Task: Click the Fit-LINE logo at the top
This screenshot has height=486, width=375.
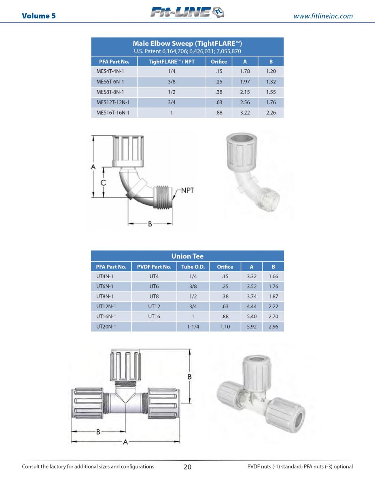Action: [x=187, y=12]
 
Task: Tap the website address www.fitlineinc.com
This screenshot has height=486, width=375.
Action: [x=323, y=16]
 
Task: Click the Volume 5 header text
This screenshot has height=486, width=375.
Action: [x=39, y=16]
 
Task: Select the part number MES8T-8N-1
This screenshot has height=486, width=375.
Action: [x=110, y=92]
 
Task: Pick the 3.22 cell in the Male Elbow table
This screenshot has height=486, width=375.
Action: [x=245, y=113]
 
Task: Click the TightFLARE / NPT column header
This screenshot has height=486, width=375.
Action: [x=172, y=62]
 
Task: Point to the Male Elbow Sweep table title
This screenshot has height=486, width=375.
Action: [x=187, y=43]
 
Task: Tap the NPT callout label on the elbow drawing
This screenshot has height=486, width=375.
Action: [x=187, y=190]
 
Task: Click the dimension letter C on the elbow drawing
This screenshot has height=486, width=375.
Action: [x=103, y=183]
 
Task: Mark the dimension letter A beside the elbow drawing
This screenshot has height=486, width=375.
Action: [x=93, y=166]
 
